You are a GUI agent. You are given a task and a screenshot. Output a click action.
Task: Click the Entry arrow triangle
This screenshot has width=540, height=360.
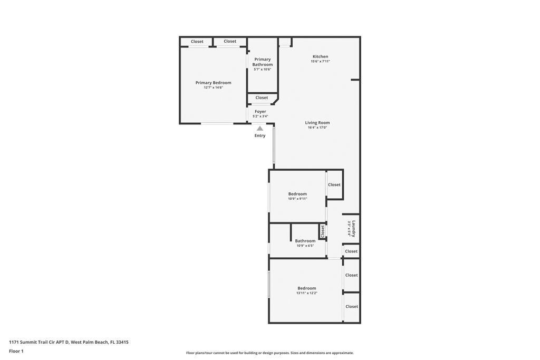pyautogui.click(x=260, y=129)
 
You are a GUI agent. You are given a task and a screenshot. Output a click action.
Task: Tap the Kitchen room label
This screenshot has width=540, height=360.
pyautogui.click(x=320, y=56)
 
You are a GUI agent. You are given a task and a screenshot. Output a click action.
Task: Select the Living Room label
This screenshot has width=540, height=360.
pyautogui.click(x=317, y=122)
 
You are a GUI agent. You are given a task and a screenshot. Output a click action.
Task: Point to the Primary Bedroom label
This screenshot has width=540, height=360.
pyautogui.click(x=213, y=83)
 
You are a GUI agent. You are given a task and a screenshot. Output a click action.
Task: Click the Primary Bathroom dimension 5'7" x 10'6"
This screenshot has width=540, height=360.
pyautogui.click(x=263, y=69)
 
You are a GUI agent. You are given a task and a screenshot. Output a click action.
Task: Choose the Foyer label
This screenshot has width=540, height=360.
pyautogui.click(x=261, y=112)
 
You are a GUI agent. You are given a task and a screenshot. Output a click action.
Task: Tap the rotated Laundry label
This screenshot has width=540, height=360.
pyautogui.click(x=354, y=229)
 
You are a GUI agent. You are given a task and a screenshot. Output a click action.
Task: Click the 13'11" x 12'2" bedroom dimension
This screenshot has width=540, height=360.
pyautogui.click(x=307, y=293)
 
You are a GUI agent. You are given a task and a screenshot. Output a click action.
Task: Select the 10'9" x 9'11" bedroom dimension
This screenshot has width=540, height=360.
pyautogui.click(x=297, y=199)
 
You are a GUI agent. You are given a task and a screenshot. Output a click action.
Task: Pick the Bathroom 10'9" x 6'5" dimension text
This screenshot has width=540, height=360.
pyautogui.click(x=305, y=246)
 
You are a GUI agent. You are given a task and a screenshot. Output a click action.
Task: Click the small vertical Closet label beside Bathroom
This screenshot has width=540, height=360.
pyautogui.click(x=323, y=231)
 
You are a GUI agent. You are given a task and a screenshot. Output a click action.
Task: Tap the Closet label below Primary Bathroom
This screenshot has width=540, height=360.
pyautogui.click(x=262, y=98)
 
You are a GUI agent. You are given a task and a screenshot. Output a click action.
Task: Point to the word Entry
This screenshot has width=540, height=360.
pyautogui.click(x=260, y=135)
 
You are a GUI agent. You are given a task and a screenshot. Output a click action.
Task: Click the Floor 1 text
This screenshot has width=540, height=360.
pyautogui.click(x=16, y=351)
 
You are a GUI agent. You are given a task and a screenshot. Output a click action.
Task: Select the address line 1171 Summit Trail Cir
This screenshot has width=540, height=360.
pyautogui.click(x=69, y=342)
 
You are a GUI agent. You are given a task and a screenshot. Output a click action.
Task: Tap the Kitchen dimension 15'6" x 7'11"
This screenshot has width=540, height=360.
pyautogui.click(x=320, y=61)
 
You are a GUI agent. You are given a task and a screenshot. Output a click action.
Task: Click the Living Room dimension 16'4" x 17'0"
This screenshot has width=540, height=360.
pyautogui.click(x=317, y=128)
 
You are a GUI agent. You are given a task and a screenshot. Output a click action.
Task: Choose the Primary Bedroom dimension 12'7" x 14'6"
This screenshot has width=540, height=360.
pyautogui.click(x=213, y=87)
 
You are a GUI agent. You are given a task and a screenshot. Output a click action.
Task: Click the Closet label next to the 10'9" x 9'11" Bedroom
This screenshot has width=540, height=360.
pyautogui.click(x=334, y=185)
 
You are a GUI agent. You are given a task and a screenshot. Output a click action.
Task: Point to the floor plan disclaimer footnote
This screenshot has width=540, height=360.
pyautogui.click(x=270, y=353)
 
